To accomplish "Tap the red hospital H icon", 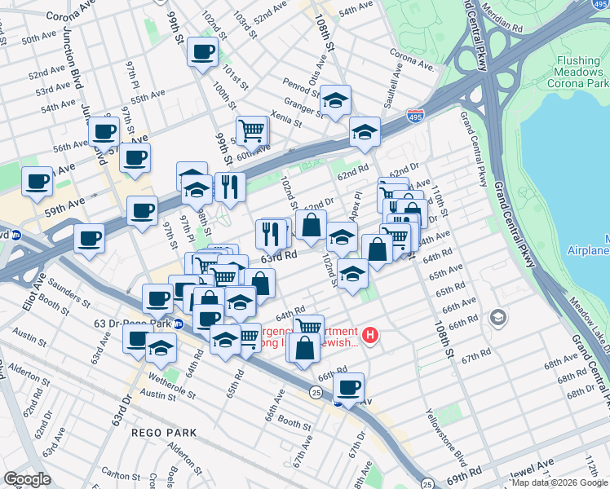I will [x=370, y=335].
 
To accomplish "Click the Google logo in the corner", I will [x=26, y=479].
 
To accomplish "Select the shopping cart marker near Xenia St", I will [x=252, y=130].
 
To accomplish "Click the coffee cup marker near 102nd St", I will [x=201, y=53].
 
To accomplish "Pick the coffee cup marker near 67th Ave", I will [x=348, y=388].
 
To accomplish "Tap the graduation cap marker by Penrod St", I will [x=334, y=100].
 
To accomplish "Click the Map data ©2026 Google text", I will [x=559, y=482].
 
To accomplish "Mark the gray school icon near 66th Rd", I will [x=498, y=316].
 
